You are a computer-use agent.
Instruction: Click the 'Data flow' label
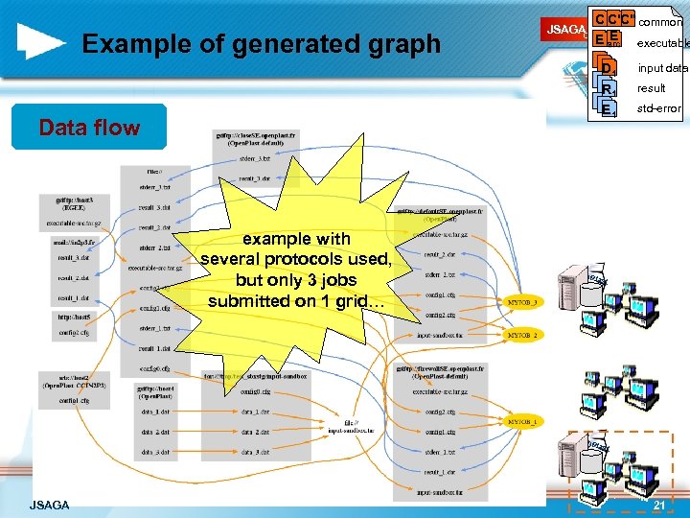89,128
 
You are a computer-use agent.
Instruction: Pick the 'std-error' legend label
658,108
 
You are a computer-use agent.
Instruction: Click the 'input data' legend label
662,67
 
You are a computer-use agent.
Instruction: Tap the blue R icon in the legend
607,89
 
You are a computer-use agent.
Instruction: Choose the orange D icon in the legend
607,67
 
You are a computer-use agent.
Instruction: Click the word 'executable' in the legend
662,44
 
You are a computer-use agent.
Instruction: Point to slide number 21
658,505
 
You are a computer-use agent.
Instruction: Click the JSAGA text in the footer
49,505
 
